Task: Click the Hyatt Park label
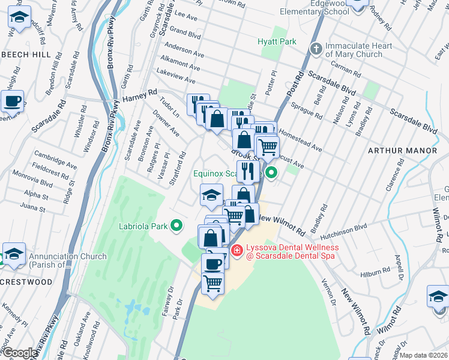(277, 41)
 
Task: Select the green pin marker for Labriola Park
(176, 226)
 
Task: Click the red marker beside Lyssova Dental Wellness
(237, 251)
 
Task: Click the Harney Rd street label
(139, 96)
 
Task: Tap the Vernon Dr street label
(328, 291)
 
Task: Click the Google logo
(19, 353)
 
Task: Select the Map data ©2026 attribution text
(424, 355)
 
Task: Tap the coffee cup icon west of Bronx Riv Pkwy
(13, 101)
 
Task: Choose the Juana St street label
(34, 209)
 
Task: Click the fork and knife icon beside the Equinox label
(248, 172)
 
